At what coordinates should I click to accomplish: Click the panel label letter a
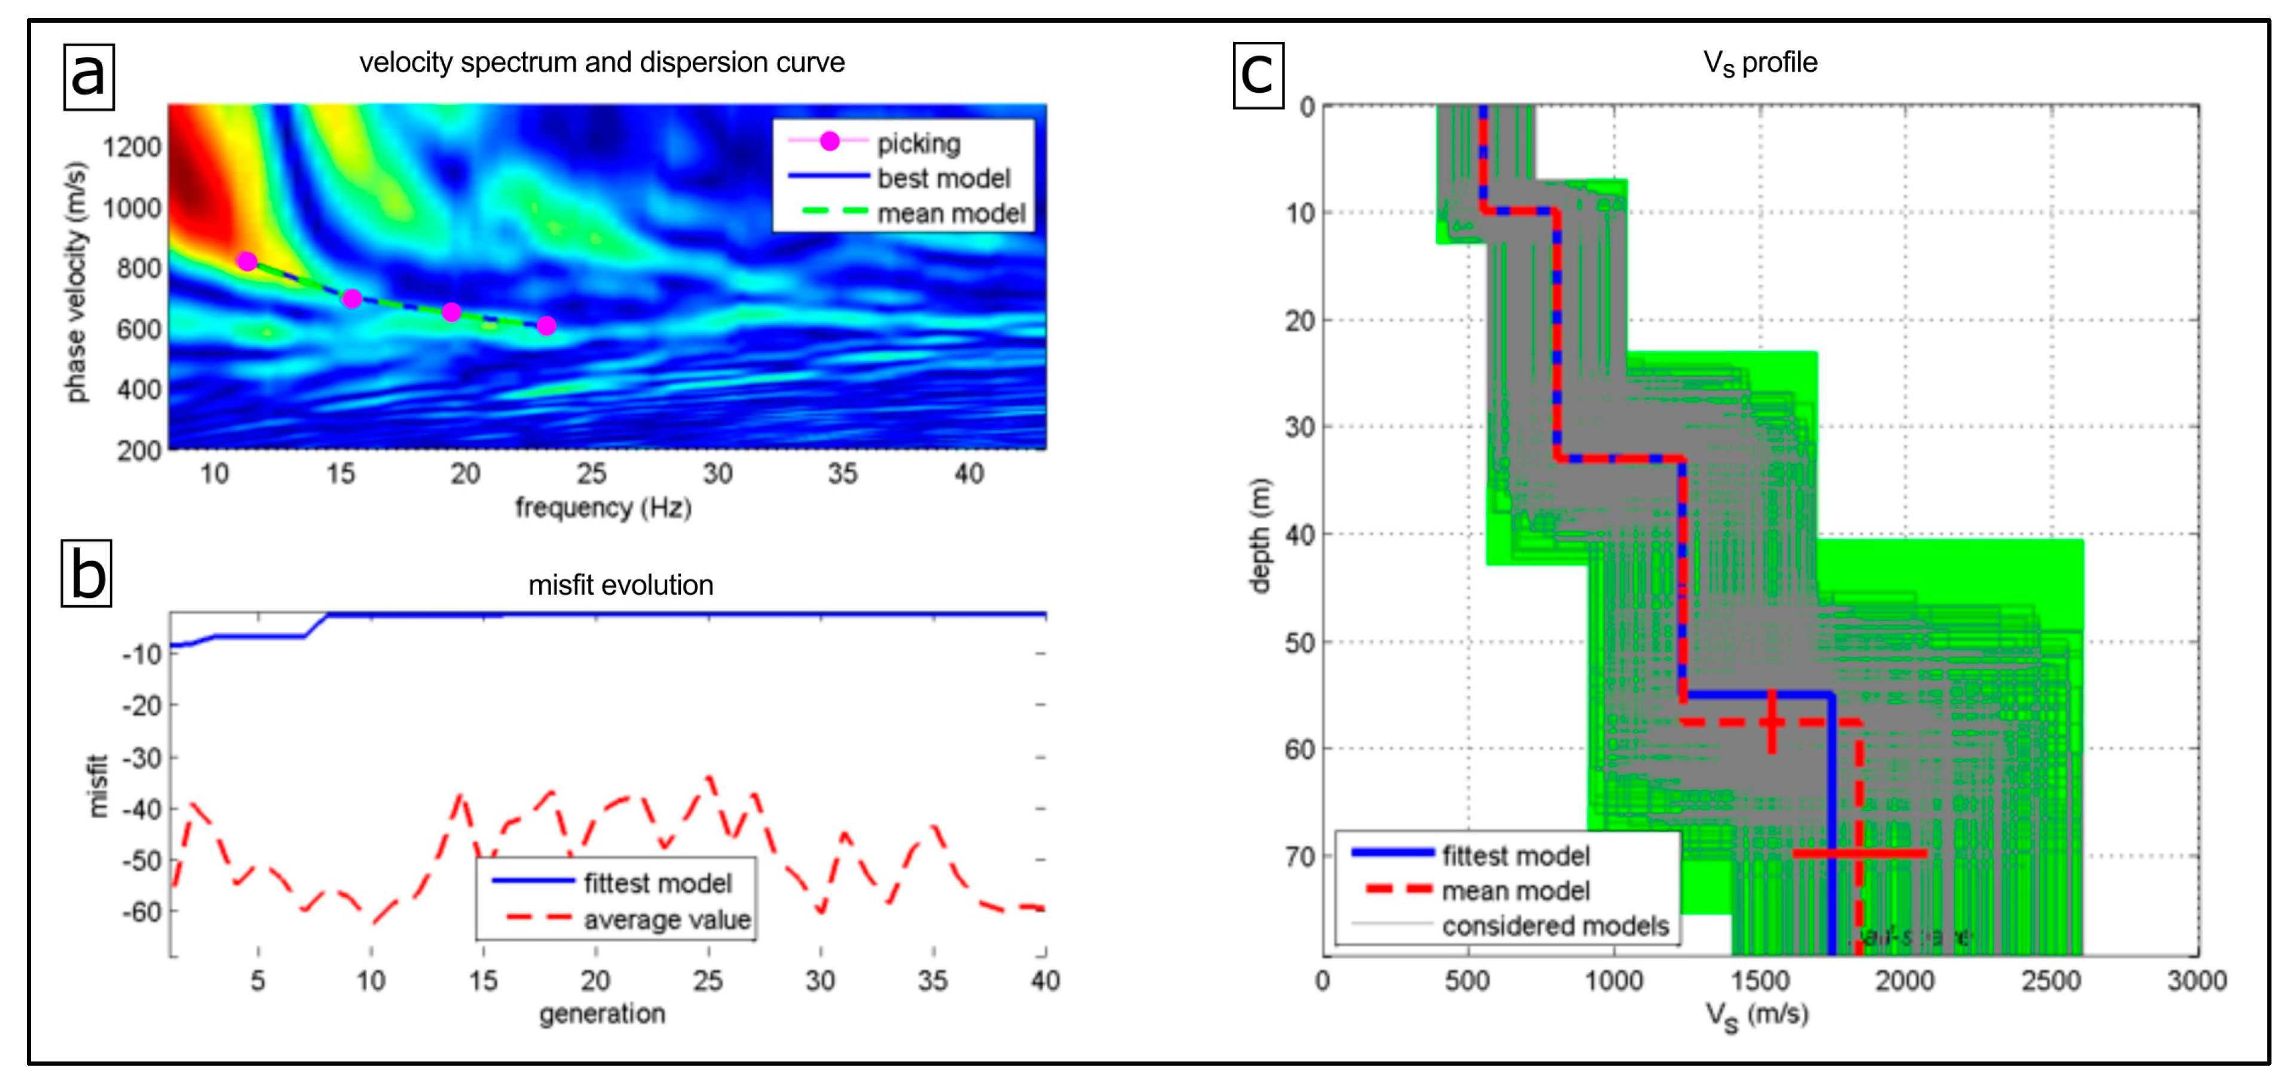(x=88, y=77)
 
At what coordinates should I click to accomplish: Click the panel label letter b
(x=86, y=573)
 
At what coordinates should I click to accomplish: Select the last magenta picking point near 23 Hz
(x=546, y=326)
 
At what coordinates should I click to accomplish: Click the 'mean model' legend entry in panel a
(x=950, y=213)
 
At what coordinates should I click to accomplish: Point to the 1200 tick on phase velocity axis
(x=132, y=147)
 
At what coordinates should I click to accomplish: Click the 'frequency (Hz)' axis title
(x=603, y=507)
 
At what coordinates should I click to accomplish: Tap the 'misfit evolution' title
(x=620, y=585)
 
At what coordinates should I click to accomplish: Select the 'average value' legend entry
(x=667, y=920)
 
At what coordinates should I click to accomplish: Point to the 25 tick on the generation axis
(x=708, y=980)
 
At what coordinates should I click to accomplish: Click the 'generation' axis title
(x=602, y=1013)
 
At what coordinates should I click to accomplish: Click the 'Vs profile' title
(x=1760, y=62)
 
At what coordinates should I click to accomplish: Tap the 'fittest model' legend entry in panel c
(x=1515, y=855)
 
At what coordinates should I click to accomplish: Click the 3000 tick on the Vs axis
(x=2196, y=980)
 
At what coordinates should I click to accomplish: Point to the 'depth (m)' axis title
(x=1259, y=535)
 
